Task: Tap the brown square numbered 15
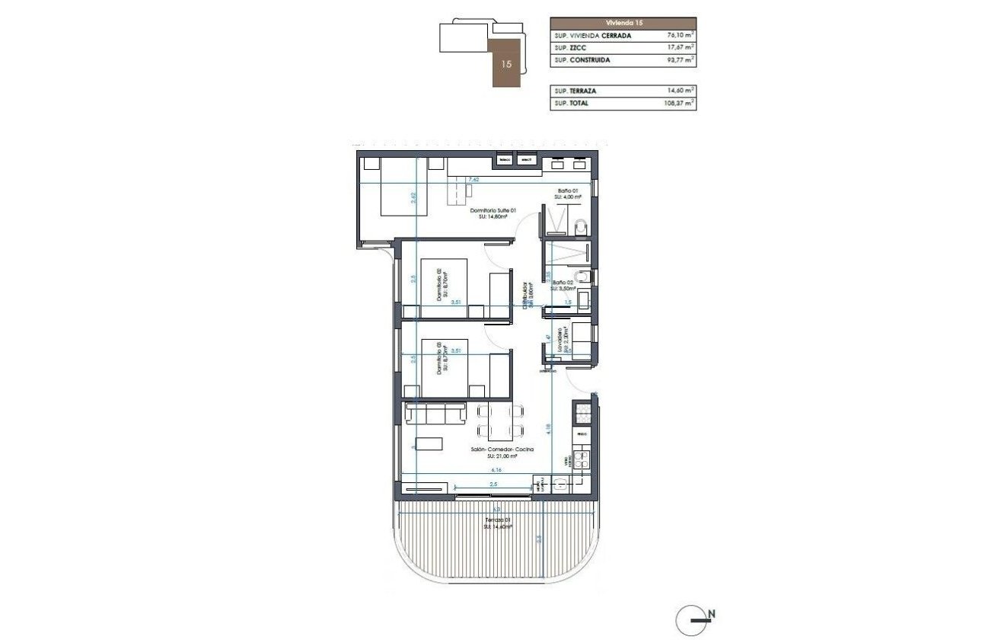tap(506, 64)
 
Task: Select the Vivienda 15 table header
tap(623, 23)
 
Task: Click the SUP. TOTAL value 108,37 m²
tap(678, 103)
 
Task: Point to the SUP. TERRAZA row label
tap(575, 91)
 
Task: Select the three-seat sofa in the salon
tap(436, 414)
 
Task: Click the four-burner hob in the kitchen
tap(582, 460)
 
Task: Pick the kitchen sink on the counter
tap(582, 415)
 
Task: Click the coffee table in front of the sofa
tap(431, 443)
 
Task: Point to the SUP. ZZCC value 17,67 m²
tap(679, 47)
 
